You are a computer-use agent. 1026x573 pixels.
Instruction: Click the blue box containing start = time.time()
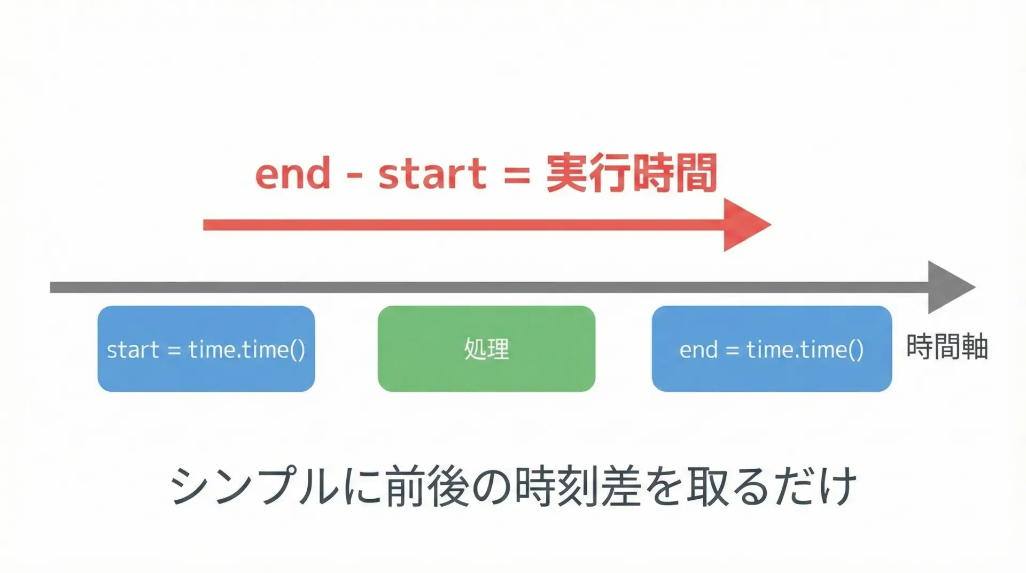pos(206,349)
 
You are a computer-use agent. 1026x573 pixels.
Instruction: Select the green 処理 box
pos(486,349)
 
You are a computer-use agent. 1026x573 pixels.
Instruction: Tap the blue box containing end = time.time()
pos(772,349)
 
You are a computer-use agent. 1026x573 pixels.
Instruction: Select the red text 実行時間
pos(631,173)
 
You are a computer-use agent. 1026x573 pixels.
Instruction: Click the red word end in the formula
pos(293,174)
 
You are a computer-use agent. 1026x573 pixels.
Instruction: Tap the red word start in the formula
pos(432,174)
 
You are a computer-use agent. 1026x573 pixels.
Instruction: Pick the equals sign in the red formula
pos(517,175)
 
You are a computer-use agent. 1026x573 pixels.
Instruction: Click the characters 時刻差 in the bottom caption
pos(578,486)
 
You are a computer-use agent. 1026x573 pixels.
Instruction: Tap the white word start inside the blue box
pos(133,350)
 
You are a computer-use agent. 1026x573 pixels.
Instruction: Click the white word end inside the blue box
pos(698,350)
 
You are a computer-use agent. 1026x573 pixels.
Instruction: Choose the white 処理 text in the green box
pos(486,349)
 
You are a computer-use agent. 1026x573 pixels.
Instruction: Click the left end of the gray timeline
pos(51,288)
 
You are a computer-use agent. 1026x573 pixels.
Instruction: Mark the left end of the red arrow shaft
pos(204,224)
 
